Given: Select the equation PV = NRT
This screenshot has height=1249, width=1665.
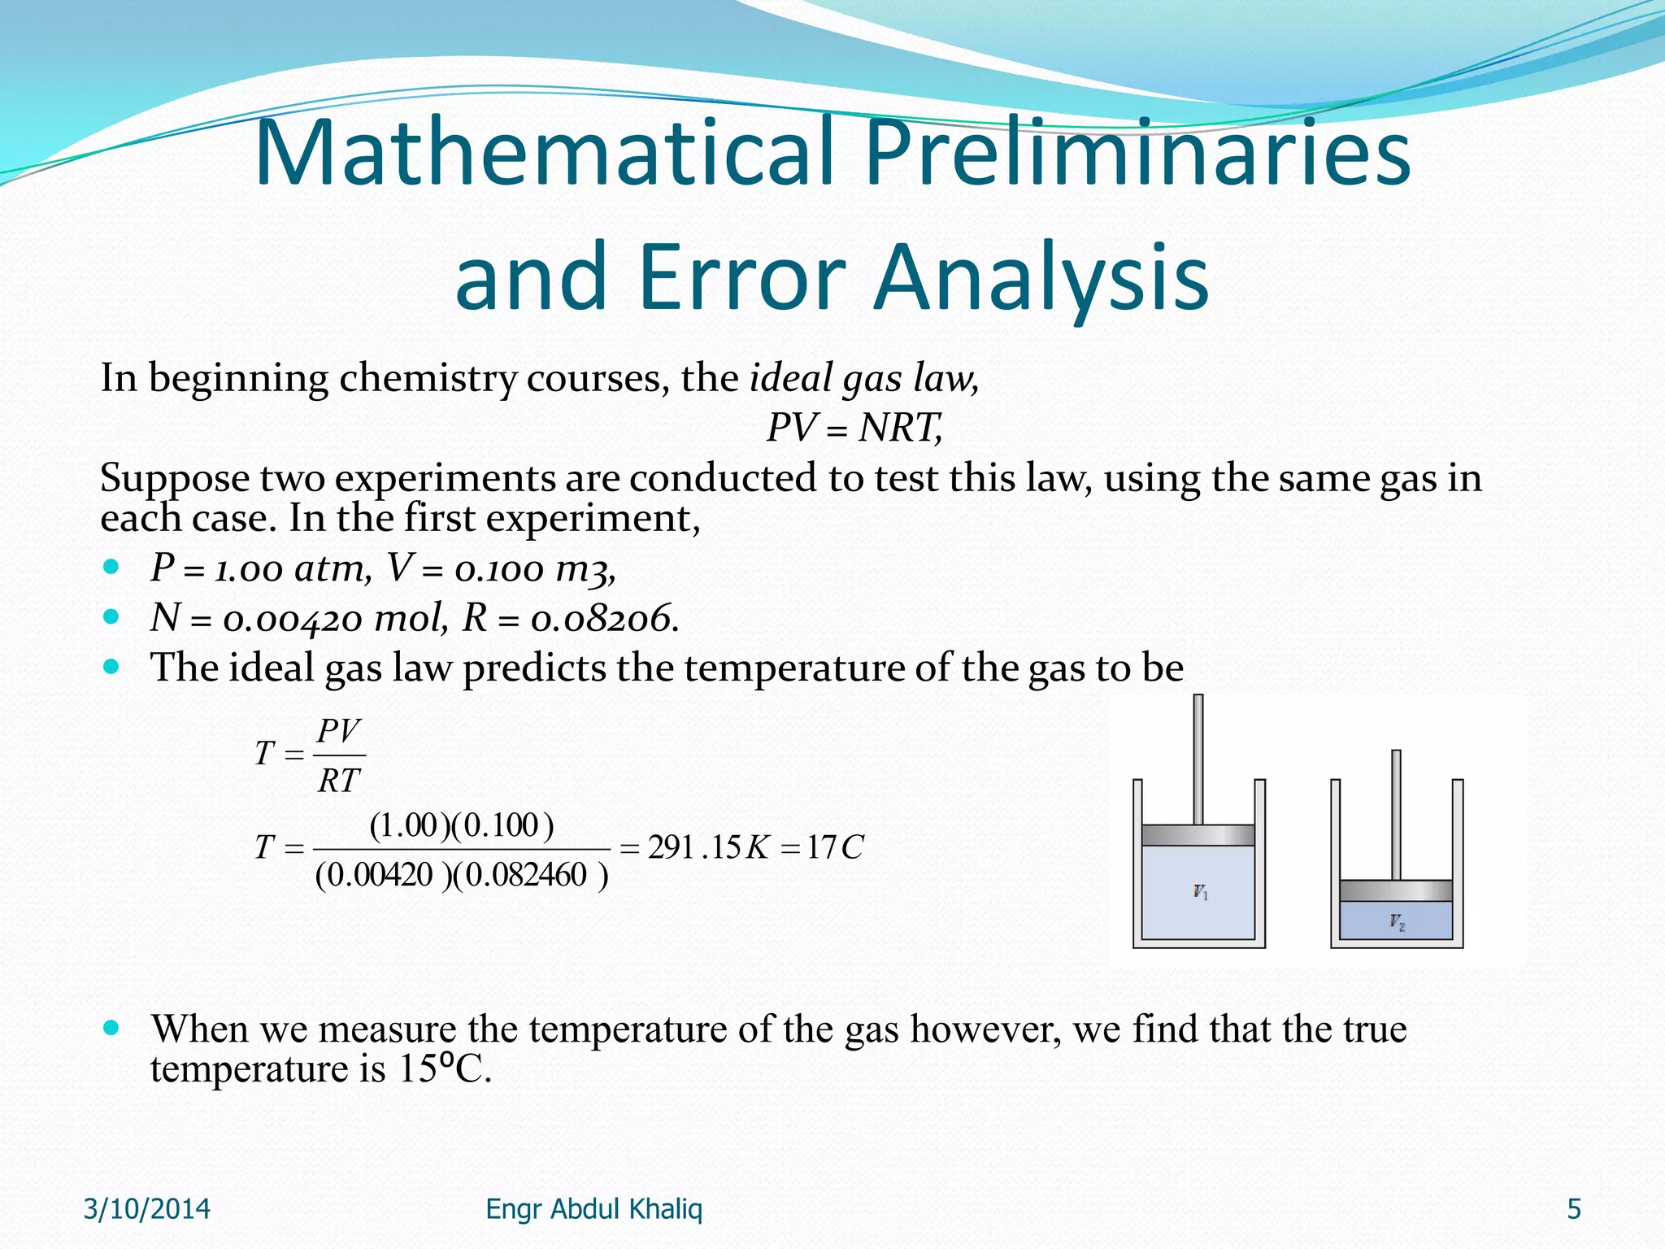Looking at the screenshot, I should [854, 428].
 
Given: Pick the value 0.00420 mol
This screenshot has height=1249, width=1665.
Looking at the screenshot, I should [335, 619].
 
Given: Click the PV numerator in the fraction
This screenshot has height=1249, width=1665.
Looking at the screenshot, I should [338, 731].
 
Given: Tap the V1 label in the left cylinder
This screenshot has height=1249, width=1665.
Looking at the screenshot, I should [1201, 893].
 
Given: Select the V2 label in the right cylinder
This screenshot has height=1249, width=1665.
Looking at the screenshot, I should [1397, 922].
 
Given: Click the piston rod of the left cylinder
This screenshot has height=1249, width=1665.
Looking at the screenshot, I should [1198, 756].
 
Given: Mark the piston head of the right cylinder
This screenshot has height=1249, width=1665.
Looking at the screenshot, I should [1396, 890].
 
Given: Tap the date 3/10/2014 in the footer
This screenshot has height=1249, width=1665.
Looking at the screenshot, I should [147, 1209].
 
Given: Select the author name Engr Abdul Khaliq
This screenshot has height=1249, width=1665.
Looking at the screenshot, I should [593, 1209].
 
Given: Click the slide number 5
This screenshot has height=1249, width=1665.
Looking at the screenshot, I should [1574, 1209].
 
